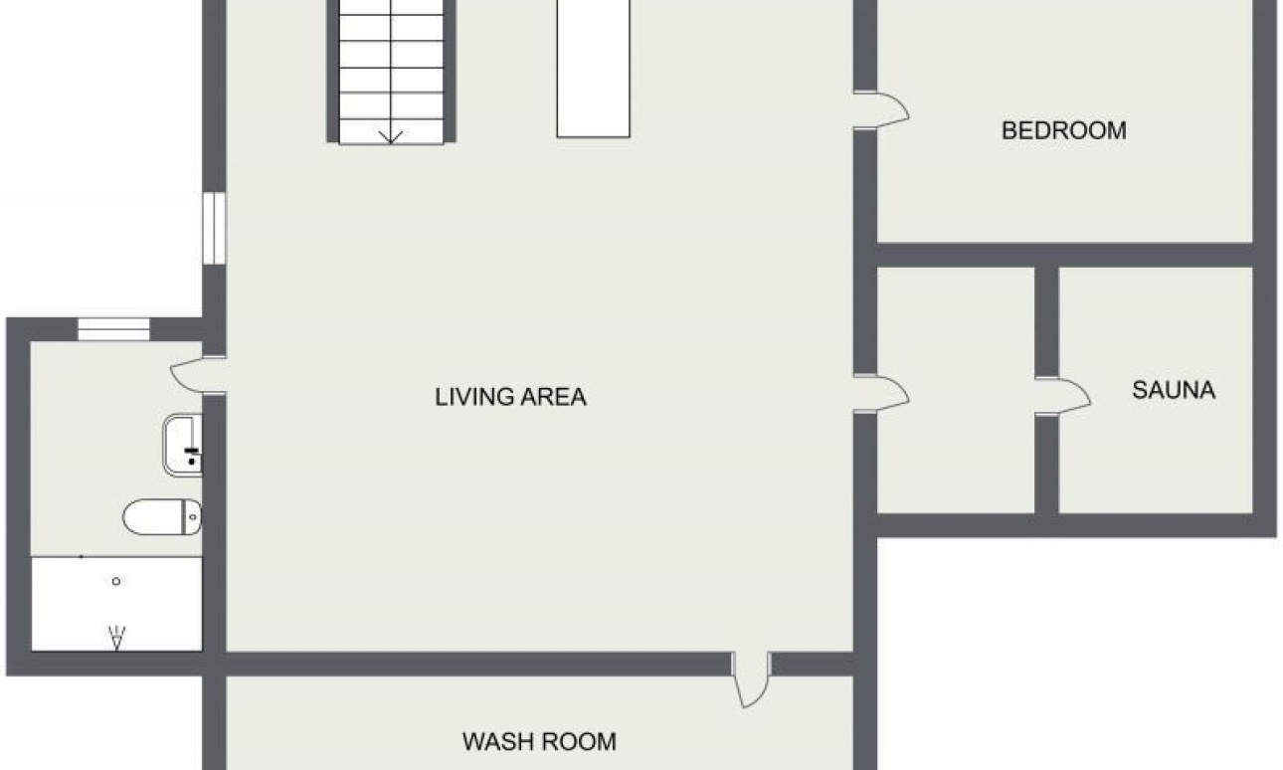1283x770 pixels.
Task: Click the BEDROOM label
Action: (x=1063, y=130)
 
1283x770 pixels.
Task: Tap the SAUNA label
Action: (x=1174, y=390)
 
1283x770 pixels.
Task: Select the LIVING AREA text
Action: (x=510, y=397)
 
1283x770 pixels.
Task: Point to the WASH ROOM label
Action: (x=539, y=742)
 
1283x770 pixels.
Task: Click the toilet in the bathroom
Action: (x=162, y=516)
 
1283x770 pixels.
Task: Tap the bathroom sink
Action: (x=183, y=445)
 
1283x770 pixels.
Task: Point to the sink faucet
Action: (x=192, y=456)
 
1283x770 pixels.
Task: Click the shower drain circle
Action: (x=116, y=581)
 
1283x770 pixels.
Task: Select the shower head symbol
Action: (x=116, y=637)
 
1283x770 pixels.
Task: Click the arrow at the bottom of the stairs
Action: (x=391, y=137)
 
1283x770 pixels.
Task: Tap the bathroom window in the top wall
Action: (x=113, y=329)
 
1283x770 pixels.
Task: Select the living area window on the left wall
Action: (x=214, y=228)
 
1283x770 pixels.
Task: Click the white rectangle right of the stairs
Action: (x=594, y=69)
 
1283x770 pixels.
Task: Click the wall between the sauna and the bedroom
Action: (x=1065, y=255)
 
